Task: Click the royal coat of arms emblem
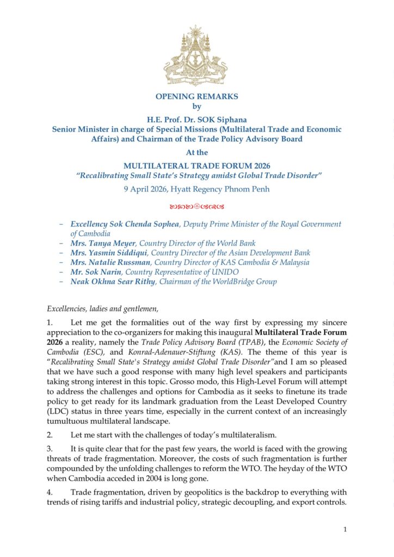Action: pyautogui.click(x=196, y=55)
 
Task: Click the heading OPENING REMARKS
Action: pyautogui.click(x=196, y=96)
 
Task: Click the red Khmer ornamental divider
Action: pyautogui.click(x=196, y=207)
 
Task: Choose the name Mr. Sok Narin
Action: pyautogui.click(x=93, y=272)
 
